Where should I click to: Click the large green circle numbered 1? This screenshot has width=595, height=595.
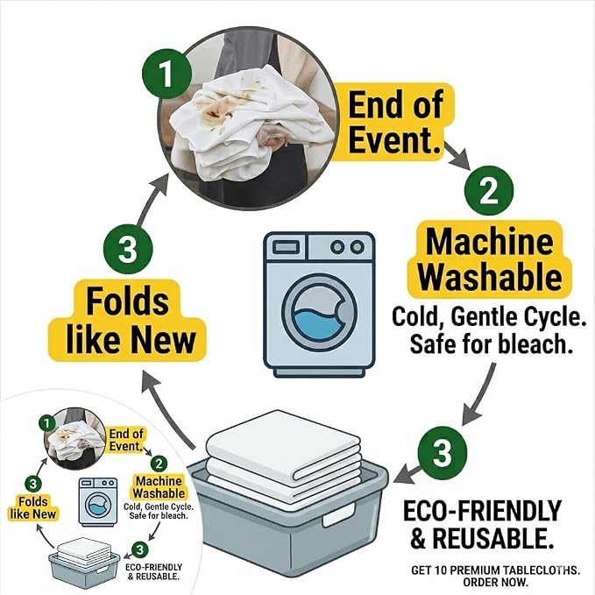(166, 74)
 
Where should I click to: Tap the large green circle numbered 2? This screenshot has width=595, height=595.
(489, 190)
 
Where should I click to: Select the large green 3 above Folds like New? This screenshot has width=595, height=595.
(128, 249)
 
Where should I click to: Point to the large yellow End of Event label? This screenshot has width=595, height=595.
(394, 122)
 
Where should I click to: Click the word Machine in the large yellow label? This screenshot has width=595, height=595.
(490, 242)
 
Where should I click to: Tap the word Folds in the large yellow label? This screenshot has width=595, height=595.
(128, 301)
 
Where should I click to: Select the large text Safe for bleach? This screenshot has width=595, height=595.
(492, 344)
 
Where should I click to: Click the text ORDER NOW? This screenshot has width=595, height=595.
(496, 582)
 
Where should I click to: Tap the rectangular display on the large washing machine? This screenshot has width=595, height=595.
(286, 248)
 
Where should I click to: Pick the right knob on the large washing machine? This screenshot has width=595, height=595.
(357, 247)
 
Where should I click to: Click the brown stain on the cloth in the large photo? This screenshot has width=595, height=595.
(212, 113)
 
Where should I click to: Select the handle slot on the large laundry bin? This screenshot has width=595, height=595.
(340, 515)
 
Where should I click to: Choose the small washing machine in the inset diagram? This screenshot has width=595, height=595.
(98, 501)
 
